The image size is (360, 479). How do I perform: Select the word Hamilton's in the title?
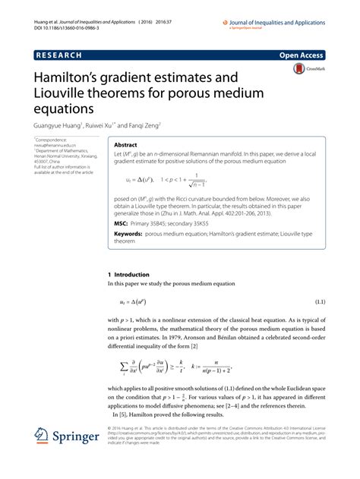[x=72, y=78]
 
